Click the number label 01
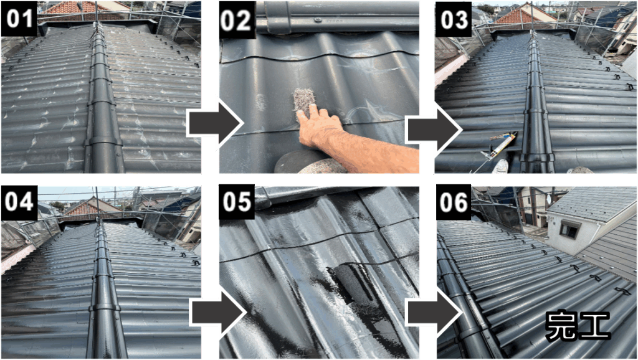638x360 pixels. point(19,19)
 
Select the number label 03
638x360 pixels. point(454,19)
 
